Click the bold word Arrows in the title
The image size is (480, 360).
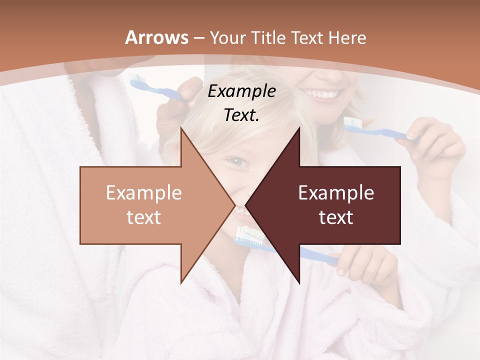[x=156, y=37]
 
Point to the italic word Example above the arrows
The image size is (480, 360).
[x=241, y=91]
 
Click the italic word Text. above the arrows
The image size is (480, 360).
[x=241, y=115]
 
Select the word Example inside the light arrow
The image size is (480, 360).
[x=143, y=193]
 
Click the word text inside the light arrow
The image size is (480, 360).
[x=143, y=217]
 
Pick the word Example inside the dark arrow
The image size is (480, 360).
[x=336, y=193]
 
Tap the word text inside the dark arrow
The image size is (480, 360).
[x=336, y=217]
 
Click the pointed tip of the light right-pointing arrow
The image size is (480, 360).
[x=234, y=205]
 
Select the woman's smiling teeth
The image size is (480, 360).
[x=325, y=94]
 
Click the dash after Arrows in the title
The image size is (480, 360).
[x=198, y=38]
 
